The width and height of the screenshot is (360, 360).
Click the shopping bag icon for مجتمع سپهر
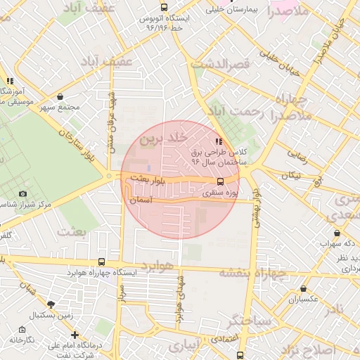click(x=60, y=97)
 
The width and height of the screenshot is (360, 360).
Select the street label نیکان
click(x=290, y=174)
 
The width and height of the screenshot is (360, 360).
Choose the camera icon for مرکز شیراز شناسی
click(x=22, y=193)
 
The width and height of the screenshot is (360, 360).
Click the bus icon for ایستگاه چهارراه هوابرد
click(x=103, y=261)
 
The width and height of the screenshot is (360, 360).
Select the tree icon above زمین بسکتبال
click(x=51, y=304)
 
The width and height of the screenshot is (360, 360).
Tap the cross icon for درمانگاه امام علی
click(x=75, y=335)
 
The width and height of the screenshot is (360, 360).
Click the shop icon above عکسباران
click(x=303, y=288)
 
